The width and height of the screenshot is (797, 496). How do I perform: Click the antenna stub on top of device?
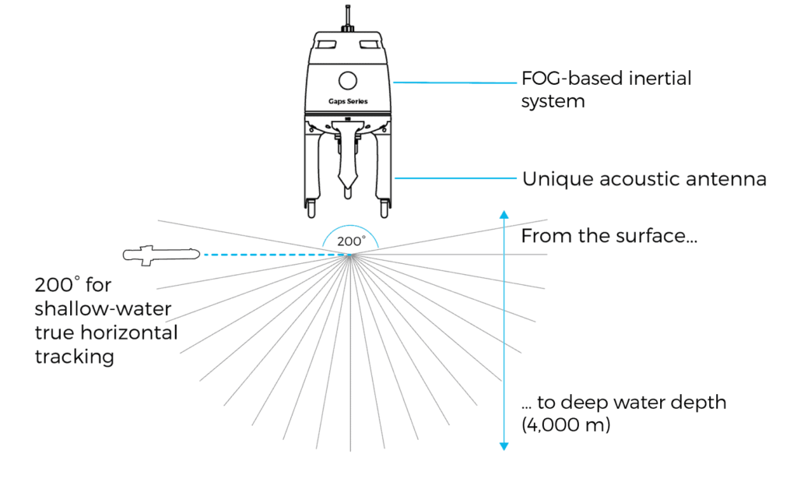(x=348, y=17)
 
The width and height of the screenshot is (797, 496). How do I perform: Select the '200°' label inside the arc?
(x=350, y=241)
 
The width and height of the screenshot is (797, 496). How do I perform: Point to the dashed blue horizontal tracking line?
(x=272, y=254)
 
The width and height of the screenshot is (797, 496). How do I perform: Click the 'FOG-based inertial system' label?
(x=606, y=90)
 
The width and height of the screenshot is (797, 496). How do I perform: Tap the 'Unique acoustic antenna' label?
(x=644, y=179)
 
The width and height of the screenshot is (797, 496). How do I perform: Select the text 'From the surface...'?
(x=609, y=236)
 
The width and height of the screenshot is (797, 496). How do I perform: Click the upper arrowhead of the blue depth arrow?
(x=504, y=214)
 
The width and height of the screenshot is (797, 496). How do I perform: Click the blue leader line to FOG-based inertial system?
(x=455, y=82)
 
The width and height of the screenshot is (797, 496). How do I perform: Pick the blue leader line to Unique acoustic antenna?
(x=455, y=178)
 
